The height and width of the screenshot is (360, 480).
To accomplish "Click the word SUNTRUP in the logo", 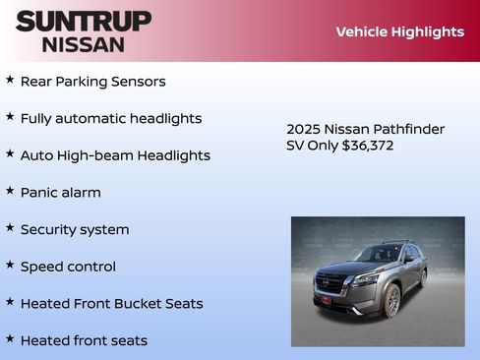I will click(84, 21).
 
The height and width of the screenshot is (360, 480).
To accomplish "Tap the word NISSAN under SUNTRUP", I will click(84, 44).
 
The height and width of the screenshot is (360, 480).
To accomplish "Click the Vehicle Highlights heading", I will click(399, 31).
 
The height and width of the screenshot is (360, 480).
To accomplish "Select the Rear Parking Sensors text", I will click(92, 82).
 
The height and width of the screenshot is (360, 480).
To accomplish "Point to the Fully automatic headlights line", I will click(110, 118).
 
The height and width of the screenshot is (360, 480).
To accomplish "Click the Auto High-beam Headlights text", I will click(115, 155).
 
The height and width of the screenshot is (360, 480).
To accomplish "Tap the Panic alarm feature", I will click(60, 193).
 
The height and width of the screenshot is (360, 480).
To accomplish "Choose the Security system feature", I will click(75, 229).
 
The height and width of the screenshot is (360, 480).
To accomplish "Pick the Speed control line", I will click(68, 267).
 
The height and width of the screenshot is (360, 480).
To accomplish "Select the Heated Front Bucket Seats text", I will click(111, 303).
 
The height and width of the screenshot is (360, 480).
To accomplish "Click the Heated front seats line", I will click(84, 340).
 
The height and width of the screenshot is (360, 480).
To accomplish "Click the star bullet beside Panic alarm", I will click(10, 190).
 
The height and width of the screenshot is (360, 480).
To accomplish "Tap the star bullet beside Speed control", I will click(10, 264).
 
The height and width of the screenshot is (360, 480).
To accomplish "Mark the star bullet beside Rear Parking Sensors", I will click(10, 79).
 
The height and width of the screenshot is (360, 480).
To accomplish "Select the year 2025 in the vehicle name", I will click(303, 129).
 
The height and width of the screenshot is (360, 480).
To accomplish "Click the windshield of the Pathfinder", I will click(378, 255).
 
